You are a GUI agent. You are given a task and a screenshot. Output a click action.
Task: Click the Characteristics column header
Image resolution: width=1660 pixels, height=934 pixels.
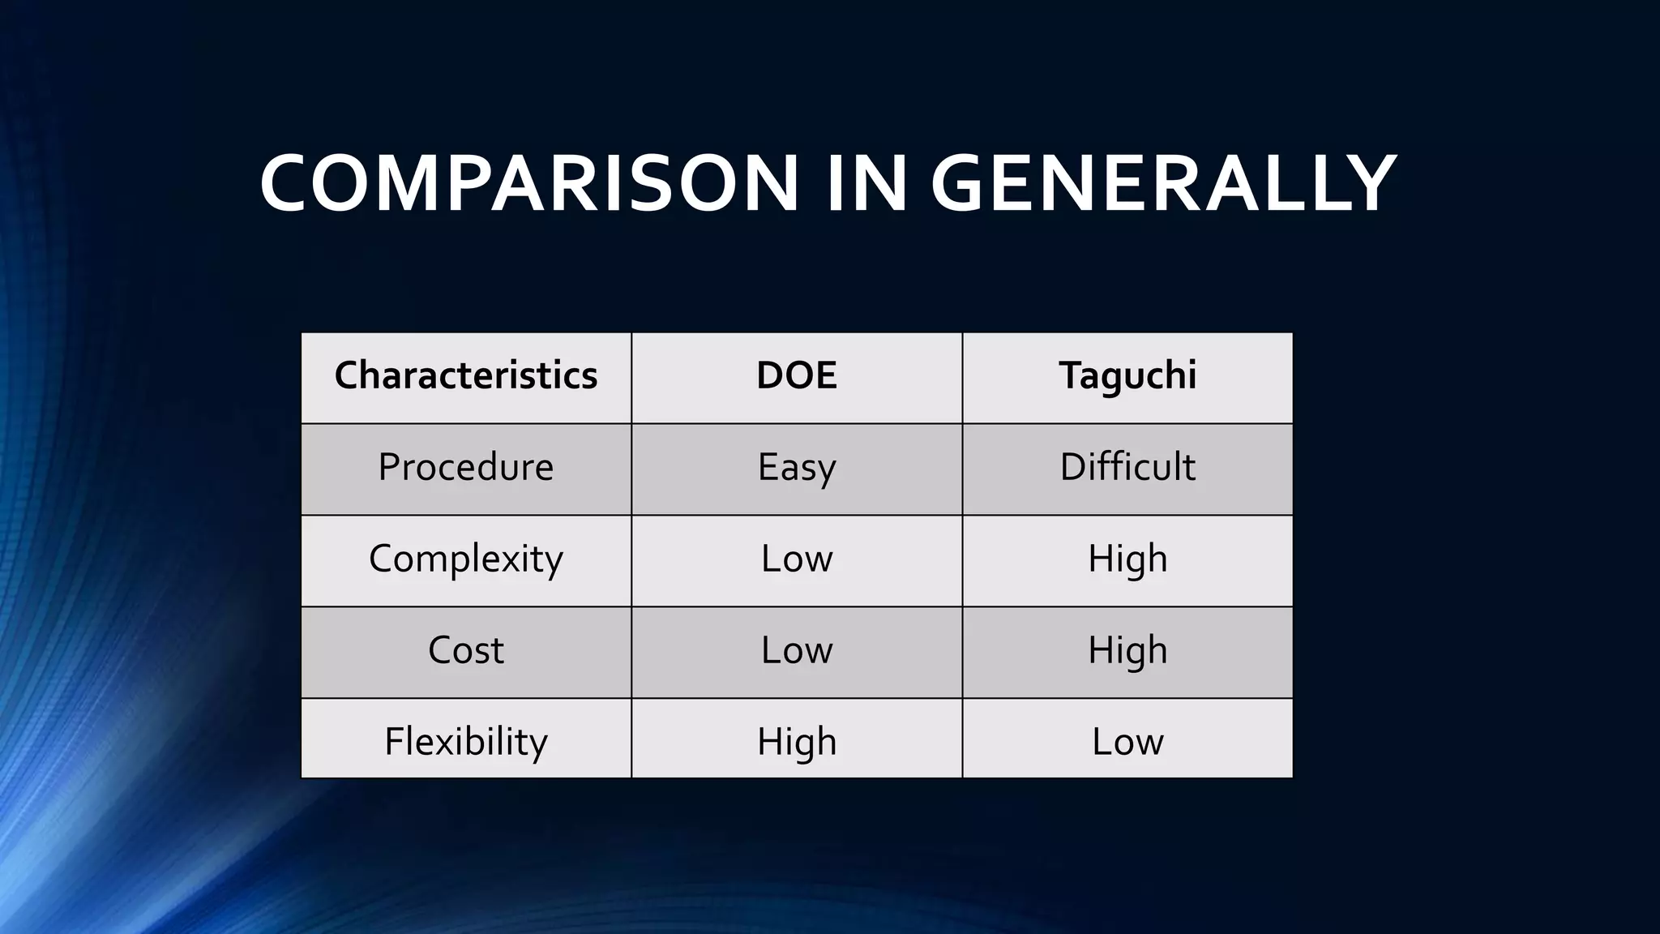[x=466, y=375]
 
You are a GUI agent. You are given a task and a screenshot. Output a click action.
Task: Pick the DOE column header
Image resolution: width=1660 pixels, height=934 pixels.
[x=797, y=375]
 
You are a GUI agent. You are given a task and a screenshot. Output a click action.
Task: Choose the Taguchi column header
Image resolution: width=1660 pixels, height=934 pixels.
[x=1127, y=375]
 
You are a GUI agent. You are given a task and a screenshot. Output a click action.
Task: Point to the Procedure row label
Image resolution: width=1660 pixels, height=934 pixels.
[x=466, y=467]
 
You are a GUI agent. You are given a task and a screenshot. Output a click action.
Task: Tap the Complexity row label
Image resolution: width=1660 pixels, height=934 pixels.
[x=466, y=559]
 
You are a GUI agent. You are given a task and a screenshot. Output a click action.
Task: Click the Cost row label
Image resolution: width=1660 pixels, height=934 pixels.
[x=466, y=650]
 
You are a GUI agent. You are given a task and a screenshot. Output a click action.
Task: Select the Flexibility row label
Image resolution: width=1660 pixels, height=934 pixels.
[x=466, y=741]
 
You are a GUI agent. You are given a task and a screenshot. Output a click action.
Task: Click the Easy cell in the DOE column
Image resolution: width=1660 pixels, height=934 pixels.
[x=797, y=467]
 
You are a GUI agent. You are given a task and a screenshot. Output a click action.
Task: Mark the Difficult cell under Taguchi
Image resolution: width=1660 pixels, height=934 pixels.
[x=1127, y=467]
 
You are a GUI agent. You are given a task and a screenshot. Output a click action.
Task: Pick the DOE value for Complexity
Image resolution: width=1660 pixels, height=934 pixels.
[x=797, y=559]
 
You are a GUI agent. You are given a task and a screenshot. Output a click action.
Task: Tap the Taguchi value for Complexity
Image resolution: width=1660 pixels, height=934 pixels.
[x=1127, y=559]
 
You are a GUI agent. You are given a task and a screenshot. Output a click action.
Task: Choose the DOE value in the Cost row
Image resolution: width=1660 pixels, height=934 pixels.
[x=797, y=650]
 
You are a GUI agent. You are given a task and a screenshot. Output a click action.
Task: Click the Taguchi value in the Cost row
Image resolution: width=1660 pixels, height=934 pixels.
[x=1127, y=650]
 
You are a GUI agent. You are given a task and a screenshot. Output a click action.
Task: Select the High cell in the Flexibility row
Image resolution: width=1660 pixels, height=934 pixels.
[x=797, y=741]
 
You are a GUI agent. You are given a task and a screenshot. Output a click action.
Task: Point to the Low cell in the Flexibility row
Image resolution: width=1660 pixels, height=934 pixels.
[x=1127, y=741]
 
